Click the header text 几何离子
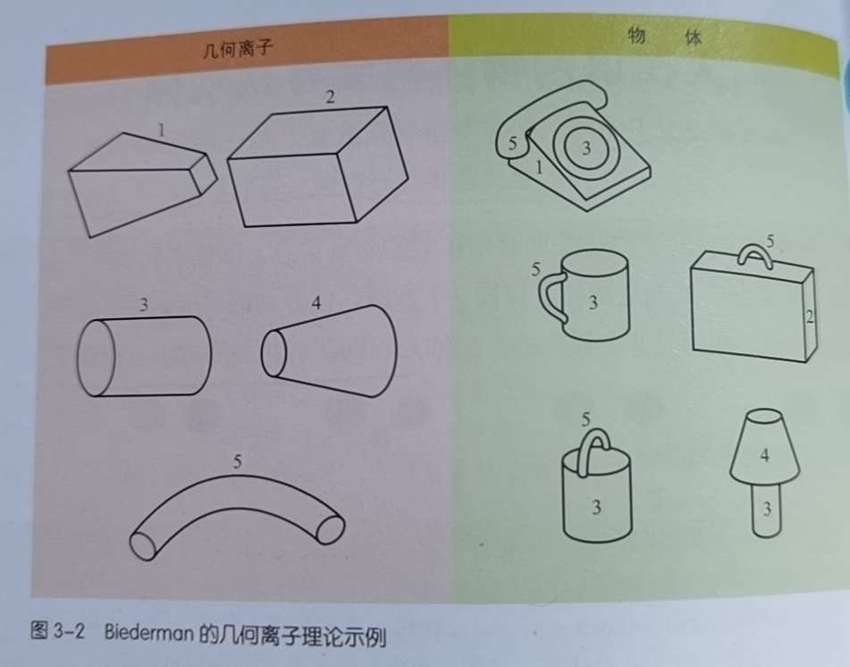pyautogui.click(x=238, y=49)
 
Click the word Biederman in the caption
pyautogui.click(x=148, y=632)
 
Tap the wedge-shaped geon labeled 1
pyautogui.click(x=142, y=184)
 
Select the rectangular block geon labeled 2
pyautogui.click(x=317, y=166)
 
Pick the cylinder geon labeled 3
pyautogui.click(x=144, y=356)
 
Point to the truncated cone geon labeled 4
pyautogui.click(x=329, y=350)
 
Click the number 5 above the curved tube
pyautogui.click(x=237, y=461)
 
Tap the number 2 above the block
pyautogui.click(x=330, y=97)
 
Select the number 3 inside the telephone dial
pyautogui.click(x=586, y=148)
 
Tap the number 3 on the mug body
pyautogui.click(x=593, y=302)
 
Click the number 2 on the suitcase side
pyautogui.click(x=810, y=317)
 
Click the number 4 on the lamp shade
pyautogui.click(x=765, y=454)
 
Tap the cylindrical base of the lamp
pyautogui.click(x=767, y=510)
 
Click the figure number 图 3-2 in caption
pyautogui.click(x=58, y=630)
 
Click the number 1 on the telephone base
pyautogui.click(x=539, y=167)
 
